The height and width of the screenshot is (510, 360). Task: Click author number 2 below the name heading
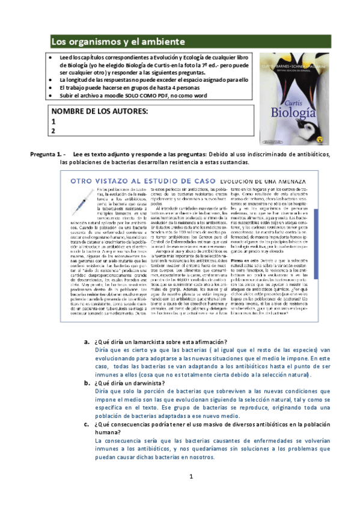pos(53,131)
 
